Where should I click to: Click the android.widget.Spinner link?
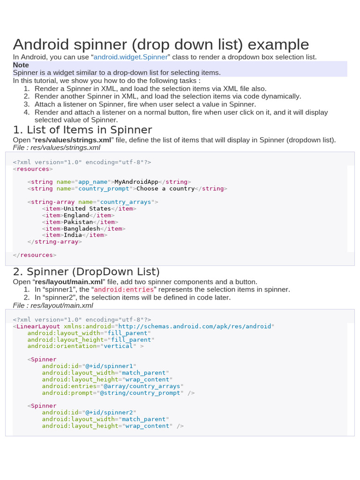130,57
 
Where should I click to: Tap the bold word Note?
21,65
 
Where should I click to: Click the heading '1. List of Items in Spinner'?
82,130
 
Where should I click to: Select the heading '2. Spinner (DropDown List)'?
86,272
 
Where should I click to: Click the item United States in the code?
87,209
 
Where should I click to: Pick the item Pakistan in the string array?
78,222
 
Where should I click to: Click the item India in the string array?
73,235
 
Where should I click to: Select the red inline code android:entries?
124,290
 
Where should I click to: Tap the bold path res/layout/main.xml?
68,282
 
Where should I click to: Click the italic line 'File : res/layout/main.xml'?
53,305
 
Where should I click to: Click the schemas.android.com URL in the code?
195,326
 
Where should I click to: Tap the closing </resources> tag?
35,255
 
